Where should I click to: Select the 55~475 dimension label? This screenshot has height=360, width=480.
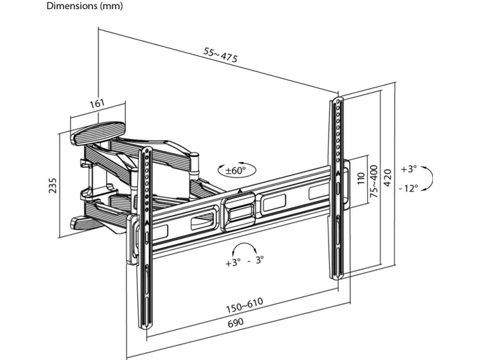(x=221, y=57)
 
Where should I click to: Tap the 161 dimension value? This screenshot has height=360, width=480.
(x=97, y=104)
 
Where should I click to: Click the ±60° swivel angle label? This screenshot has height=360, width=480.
(x=236, y=171)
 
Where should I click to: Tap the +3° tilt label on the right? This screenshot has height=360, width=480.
(x=408, y=169)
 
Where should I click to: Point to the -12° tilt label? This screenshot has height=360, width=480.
(x=408, y=188)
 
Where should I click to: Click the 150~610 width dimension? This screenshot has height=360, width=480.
(x=244, y=305)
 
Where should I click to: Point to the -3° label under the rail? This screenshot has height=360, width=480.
(x=256, y=262)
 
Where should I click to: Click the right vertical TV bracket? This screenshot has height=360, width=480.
(x=338, y=187)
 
